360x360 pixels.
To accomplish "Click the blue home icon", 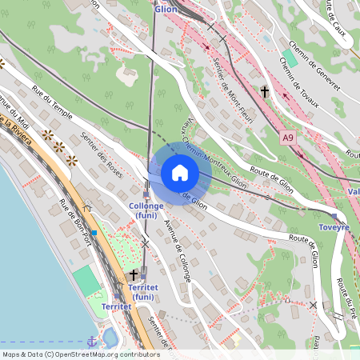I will click(x=180, y=172).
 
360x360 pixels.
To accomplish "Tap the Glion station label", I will click(x=166, y=8).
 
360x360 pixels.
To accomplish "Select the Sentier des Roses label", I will click(x=104, y=160).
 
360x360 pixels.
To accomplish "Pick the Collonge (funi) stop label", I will click(x=146, y=210).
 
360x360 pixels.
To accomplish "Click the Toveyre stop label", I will click(x=334, y=227).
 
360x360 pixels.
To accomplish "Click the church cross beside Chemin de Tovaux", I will click(x=265, y=91).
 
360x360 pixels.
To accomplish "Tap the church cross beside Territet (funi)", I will click(x=134, y=274).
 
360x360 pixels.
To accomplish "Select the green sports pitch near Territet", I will click(x=86, y=280).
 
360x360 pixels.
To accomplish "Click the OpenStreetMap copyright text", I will click(x=80, y=354).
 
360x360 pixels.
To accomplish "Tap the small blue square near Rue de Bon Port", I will click(x=94, y=232).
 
